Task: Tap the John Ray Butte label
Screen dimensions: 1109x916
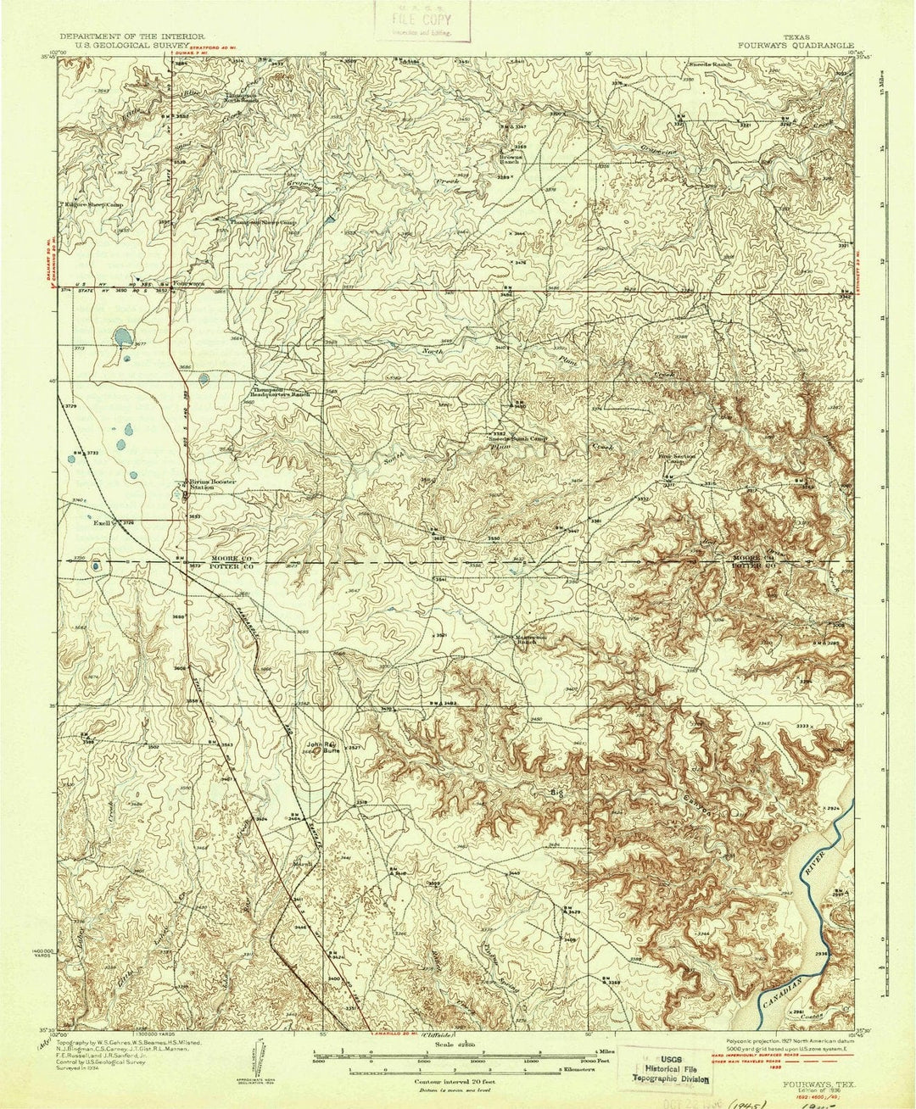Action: (x=321, y=749)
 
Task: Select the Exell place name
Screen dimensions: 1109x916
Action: (x=103, y=524)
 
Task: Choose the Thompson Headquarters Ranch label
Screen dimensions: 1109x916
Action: (x=280, y=393)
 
